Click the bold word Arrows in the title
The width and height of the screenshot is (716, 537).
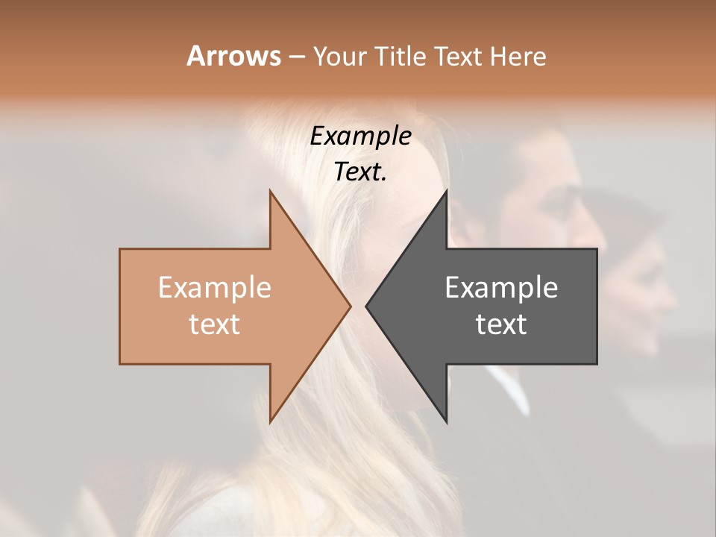(233, 56)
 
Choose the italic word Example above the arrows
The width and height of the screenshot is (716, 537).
(361, 136)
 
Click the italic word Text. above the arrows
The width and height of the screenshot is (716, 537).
(361, 172)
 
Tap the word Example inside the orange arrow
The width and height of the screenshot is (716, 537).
(215, 287)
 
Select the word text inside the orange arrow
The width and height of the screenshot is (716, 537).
(215, 324)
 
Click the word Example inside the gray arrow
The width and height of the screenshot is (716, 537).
(501, 287)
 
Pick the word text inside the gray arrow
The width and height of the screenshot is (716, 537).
(501, 324)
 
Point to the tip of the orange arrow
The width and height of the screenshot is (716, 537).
(350, 306)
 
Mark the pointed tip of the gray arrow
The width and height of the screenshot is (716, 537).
(366, 306)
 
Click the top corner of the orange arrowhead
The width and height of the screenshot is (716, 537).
(270, 191)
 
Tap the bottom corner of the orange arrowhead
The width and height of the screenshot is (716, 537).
(270, 421)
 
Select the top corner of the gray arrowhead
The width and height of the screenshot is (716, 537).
(446, 191)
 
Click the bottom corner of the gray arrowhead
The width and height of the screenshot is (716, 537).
(446, 421)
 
